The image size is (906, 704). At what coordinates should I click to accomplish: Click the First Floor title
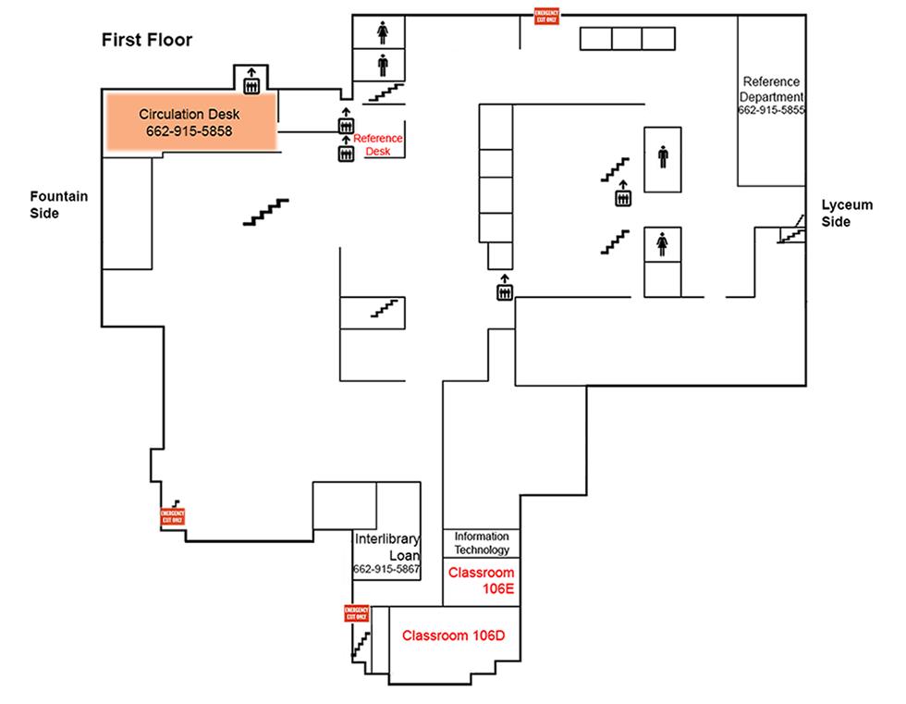(146, 40)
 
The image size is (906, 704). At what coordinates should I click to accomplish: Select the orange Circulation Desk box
(190, 121)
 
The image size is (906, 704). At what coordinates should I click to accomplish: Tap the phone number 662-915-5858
(189, 132)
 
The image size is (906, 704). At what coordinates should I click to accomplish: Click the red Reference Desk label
(378, 144)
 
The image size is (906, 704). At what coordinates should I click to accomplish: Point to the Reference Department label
(771, 89)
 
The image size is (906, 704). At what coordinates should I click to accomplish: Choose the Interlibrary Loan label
(387, 547)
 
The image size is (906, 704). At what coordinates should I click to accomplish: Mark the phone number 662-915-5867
(387, 569)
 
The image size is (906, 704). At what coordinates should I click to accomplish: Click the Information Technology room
(482, 543)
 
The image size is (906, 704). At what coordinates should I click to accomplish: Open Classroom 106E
(481, 580)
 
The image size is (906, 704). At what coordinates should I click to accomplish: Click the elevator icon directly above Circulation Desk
(251, 81)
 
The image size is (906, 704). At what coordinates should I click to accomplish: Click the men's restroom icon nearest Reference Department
(663, 157)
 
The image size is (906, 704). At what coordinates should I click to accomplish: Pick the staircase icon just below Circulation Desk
(265, 212)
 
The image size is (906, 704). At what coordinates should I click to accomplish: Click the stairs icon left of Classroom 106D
(361, 645)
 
